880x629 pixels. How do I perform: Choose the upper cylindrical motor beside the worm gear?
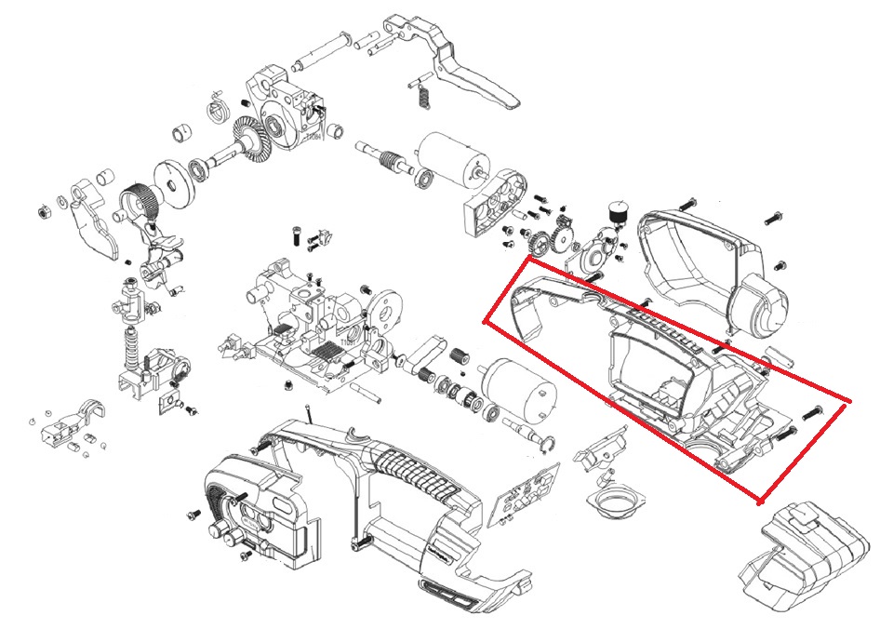(x=446, y=156)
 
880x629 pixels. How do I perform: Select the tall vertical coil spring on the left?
(x=132, y=350)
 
